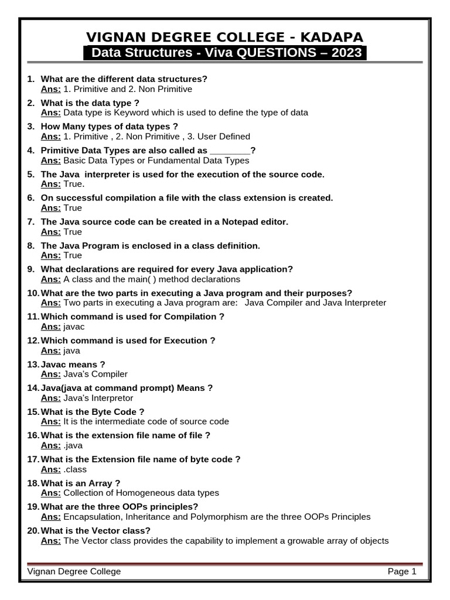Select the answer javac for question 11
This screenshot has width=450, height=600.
pos(74,327)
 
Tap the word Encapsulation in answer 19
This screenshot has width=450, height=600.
pos(91,517)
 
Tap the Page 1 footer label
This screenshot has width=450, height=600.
pos(401,572)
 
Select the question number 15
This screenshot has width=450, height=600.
pos(33,412)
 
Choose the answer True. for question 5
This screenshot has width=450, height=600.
pos(74,184)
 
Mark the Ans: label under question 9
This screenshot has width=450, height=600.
pos(50,279)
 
